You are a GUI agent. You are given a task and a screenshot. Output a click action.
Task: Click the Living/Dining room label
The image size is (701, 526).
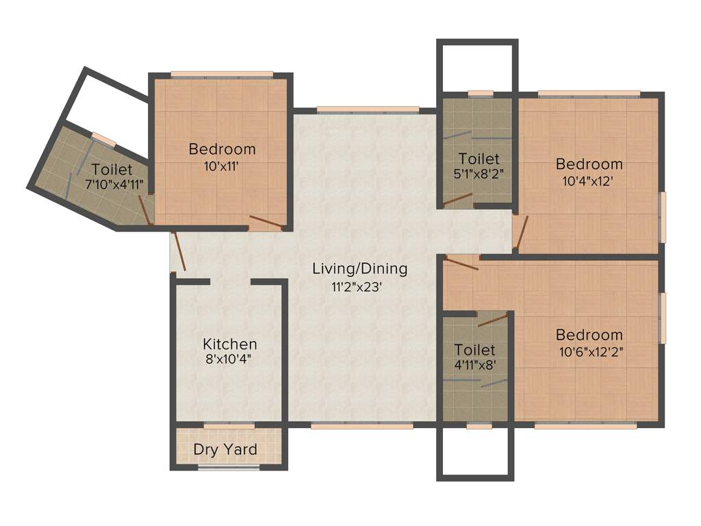pyautogui.click(x=359, y=268)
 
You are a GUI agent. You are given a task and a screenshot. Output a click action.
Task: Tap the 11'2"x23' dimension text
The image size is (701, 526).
pyautogui.click(x=359, y=287)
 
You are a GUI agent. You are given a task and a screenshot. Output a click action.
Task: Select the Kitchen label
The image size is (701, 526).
pyautogui.click(x=230, y=344)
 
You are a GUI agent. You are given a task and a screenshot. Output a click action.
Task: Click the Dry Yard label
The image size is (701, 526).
pyautogui.click(x=225, y=450)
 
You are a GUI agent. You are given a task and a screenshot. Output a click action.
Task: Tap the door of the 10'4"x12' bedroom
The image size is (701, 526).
pyautogui.click(x=521, y=233)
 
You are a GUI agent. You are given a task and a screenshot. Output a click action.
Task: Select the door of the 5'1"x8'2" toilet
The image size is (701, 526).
pyautogui.click(x=457, y=199)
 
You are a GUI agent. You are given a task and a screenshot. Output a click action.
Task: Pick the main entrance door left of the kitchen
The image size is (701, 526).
pyautogui.click(x=178, y=251)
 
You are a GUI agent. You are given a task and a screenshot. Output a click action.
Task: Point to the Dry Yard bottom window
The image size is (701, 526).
pyautogui.click(x=229, y=468)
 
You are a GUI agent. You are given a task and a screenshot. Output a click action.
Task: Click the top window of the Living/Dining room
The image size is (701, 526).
pyautogui.click(x=368, y=109)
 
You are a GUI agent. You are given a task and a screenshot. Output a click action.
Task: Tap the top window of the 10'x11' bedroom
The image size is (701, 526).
pyautogui.click(x=222, y=74)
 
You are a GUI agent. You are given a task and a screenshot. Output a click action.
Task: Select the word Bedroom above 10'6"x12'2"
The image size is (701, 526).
pyautogui.click(x=589, y=335)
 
